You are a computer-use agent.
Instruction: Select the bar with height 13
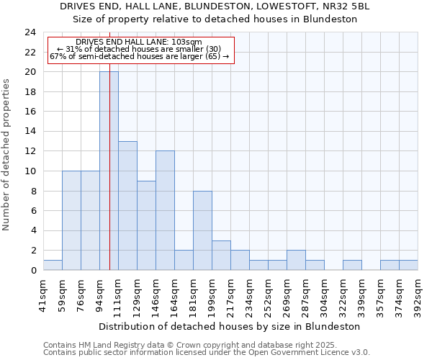coord(127,205)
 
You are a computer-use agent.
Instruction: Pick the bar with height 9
coord(146,225)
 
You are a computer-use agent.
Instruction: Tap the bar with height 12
coord(165,210)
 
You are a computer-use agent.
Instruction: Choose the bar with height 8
coord(202,230)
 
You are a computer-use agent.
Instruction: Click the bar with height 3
coord(221,255)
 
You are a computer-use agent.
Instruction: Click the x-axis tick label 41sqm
coord(43,293)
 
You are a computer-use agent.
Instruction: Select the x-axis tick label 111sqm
coord(118,294)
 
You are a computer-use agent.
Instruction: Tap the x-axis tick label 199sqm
coord(212,294)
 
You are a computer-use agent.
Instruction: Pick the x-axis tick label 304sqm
coord(324,294)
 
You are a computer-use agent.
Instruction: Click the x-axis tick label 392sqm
coord(418,294)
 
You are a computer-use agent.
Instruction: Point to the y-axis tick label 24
coord(30,32)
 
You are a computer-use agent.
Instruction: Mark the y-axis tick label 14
coord(30,132)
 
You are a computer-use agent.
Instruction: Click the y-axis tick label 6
coord(33,211)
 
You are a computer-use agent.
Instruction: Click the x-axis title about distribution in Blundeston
coord(230,326)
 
